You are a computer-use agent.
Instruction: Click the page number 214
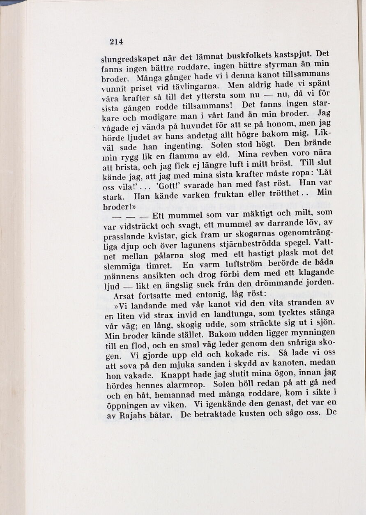point(116,41)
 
